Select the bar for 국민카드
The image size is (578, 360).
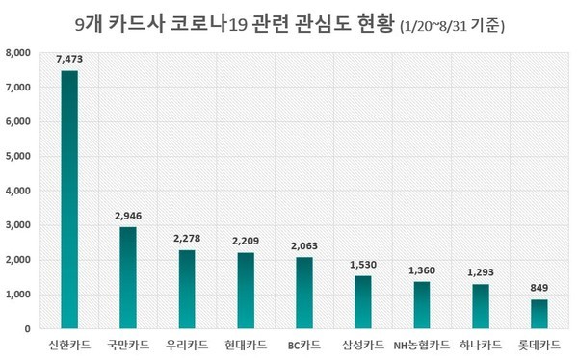click(x=128, y=278)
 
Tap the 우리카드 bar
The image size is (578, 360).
click(x=187, y=290)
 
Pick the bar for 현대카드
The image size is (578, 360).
click(x=246, y=291)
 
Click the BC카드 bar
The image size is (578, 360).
click(x=304, y=294)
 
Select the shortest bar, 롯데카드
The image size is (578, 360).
click(x=539, y=314)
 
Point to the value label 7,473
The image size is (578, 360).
click(x=69, y=59)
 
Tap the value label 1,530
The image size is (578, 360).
click(x=363, y=265)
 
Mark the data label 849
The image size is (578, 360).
click(x=539, y=288)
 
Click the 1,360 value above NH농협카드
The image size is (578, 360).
click(x=422, y=270)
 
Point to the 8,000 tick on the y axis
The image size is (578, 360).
click(x=18, y=53)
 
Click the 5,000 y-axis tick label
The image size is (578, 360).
click(x=18, y=156)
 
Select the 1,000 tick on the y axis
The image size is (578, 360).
click(x=18, y=295)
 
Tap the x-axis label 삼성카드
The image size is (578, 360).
click(x=363, y=344)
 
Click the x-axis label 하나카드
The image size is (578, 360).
click(x=481, y=344)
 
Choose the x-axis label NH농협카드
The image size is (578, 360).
click(x=422, y=344)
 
